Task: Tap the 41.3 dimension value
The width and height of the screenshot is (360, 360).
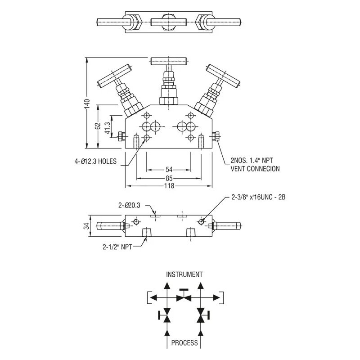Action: (107, 127)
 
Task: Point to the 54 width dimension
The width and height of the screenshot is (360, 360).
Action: (169, 170)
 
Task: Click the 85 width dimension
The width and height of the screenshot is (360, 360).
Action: (169, 178)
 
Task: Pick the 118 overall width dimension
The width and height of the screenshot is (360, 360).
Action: (169, 185)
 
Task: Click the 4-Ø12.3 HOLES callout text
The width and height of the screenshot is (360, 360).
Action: (95, 161)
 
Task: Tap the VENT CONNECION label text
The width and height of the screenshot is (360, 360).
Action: (255, 169)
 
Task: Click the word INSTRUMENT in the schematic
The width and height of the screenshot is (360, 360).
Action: (184, 274)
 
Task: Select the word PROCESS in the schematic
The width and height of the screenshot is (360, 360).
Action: (184, 343)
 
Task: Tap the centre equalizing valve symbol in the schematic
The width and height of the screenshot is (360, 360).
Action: (184, 297)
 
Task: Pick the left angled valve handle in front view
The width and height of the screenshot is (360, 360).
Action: (114, 76)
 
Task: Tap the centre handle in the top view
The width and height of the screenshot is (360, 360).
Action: (169, 22)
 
